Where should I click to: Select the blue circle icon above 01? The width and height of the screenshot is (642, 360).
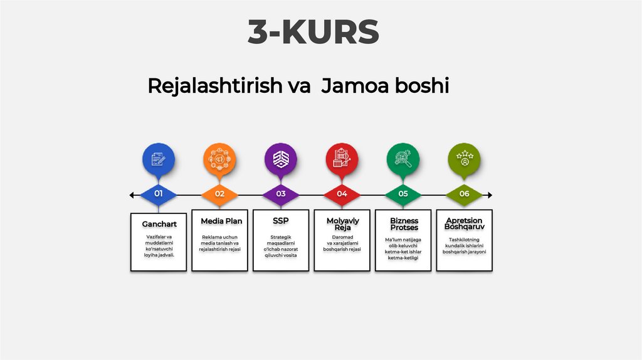coord(159,159)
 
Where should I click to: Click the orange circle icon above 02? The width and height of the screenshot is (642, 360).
coord(219,159)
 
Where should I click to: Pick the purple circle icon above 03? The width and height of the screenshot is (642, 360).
coord(281,159)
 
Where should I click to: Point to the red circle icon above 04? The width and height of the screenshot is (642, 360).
coord(342,159)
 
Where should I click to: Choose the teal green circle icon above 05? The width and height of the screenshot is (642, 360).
coord(403,159)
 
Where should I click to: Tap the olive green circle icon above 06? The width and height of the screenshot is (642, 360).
coord(464,159)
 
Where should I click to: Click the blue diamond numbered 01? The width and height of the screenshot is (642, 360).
coord(159,194)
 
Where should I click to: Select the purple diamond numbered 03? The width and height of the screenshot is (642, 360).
coord(281,194)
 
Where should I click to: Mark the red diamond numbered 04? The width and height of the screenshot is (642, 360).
coord(342,194)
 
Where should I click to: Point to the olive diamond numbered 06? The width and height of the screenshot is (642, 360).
coord(464,194)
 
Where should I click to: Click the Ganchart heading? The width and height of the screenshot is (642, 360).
coord(159,224)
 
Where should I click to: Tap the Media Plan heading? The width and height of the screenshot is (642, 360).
coord(221,221)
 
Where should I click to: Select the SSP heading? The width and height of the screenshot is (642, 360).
coord(281,221)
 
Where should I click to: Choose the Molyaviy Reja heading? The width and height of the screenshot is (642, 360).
coord(342,224)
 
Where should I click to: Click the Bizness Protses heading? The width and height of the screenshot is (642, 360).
coord(404,224)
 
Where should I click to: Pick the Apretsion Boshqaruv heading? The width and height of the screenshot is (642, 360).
coord(465,223)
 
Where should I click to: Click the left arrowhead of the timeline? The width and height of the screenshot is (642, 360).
coord(132,196)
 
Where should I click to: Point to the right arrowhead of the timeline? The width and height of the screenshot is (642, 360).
coord(490,196)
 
